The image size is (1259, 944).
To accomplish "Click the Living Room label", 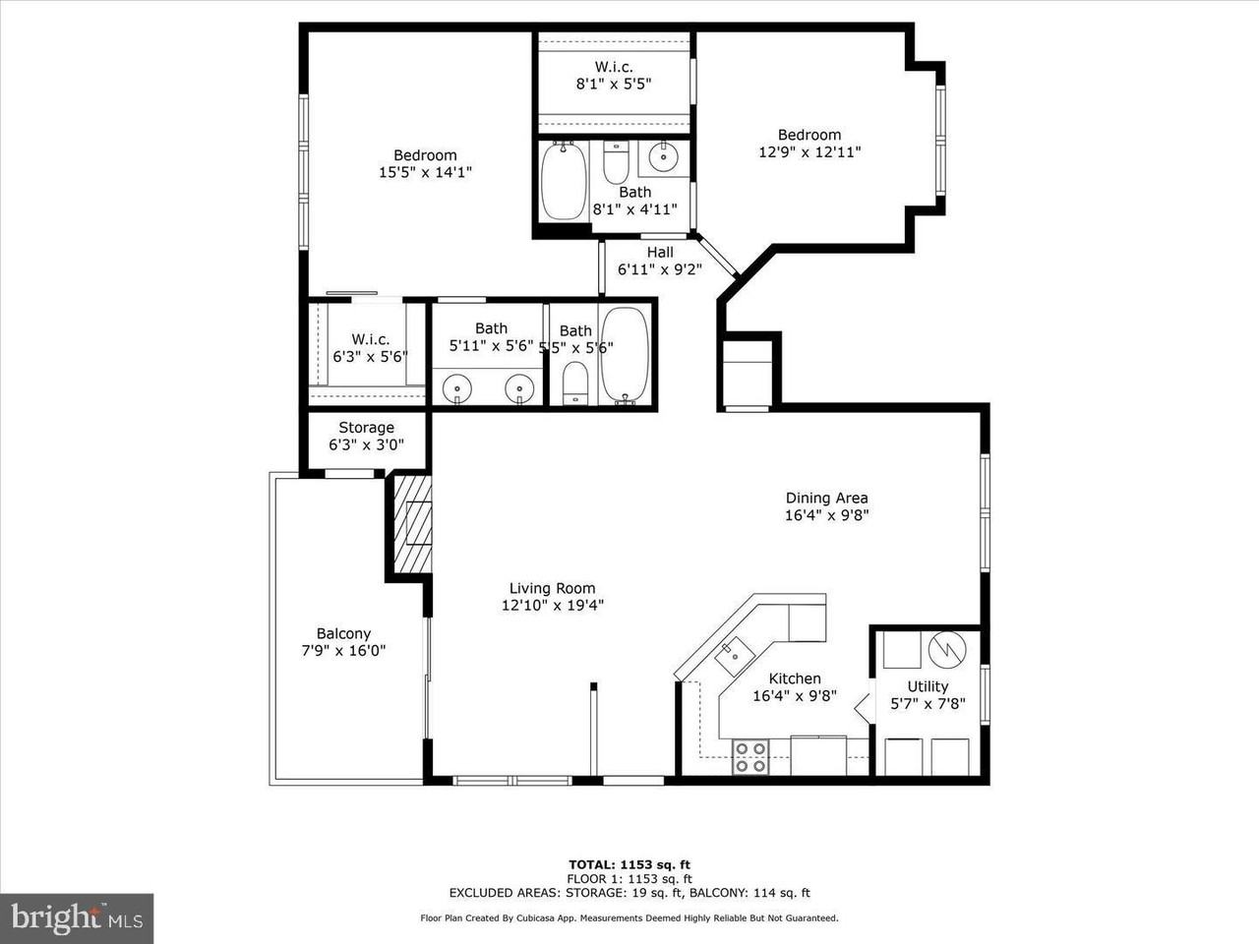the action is (x=553, y=588).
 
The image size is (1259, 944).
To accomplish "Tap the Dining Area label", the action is (x=826, y=499).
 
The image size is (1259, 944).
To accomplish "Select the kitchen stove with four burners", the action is (x=750, y=757).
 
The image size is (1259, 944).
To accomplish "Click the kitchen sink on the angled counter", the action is (x=734, y=656).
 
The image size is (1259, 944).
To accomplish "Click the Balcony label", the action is (x=343, y=633).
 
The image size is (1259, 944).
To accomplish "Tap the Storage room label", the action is (x=366, y=428).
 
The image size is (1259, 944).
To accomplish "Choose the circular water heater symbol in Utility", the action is (x=947, y=649).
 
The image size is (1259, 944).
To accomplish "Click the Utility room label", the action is (x=928, y=686).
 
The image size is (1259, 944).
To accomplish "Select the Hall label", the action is (x=660, y=252).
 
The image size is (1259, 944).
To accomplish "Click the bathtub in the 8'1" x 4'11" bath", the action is (x=564, y=181).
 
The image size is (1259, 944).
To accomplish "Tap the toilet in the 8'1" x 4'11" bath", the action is (x=616, y=162).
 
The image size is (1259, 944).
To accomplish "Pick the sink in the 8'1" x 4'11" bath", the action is (x=664, y=156).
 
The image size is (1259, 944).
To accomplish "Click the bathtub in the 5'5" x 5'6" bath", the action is (x=625, y=355).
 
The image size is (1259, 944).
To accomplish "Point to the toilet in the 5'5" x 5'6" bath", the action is (x=574, y=383).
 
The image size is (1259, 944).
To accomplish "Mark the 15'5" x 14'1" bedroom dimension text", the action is (x=425, y=172).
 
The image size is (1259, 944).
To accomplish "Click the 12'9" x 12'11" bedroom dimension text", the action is (x=809, y=151).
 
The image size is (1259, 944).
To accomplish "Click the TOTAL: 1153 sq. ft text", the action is (x=629, y=864).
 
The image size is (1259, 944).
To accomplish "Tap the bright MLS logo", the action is (x=77, y=918).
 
